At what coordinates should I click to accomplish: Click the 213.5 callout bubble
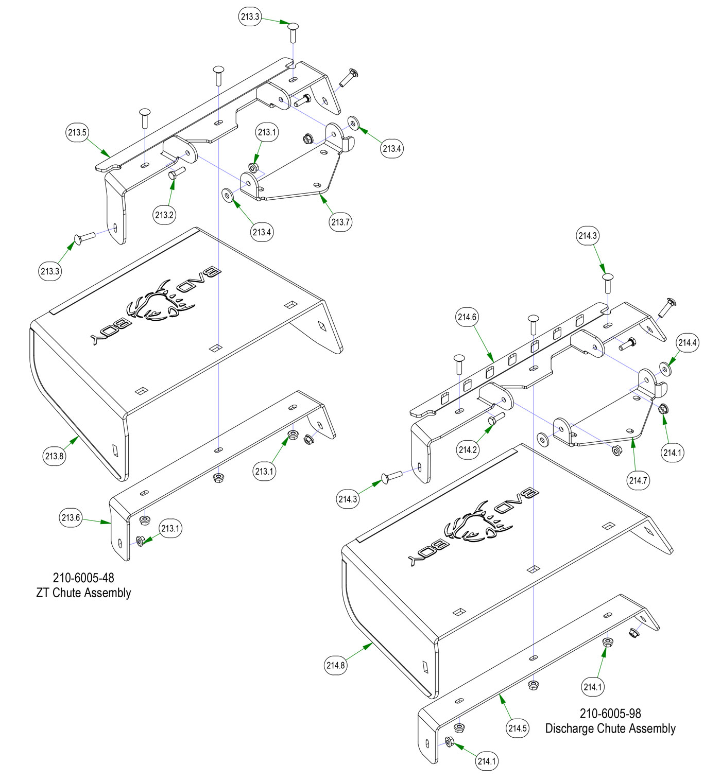[77, 132]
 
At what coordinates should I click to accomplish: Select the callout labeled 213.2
[164, 215]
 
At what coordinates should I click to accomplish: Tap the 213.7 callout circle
[340, 222]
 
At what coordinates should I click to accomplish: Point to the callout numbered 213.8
[54, 456]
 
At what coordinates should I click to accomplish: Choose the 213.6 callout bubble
[71, 517]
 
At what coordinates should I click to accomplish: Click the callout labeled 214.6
[467, 317]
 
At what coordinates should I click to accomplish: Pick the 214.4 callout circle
[688, 343]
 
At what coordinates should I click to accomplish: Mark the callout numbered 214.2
[468, 449]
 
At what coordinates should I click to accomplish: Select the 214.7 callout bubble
[638, 480]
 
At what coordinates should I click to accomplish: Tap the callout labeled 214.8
[335, 665]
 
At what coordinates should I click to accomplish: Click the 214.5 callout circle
[518, 728]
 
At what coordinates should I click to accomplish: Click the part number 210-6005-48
[83, 578]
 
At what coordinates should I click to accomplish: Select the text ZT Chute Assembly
[83, 593]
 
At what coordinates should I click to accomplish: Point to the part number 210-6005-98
[610, 714]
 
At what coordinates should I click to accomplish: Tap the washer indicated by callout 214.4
[666, 369]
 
